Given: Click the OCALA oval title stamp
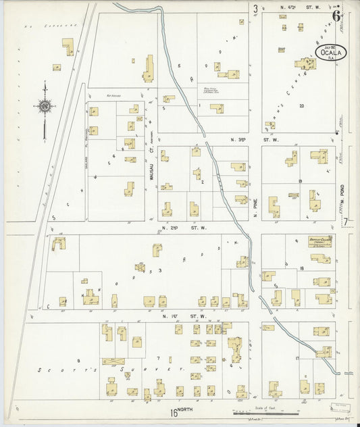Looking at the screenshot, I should [332, 52].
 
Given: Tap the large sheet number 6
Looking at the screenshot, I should [336, 16].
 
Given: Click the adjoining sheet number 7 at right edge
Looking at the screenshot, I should [346, 222].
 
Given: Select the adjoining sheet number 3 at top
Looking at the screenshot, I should [255, 9].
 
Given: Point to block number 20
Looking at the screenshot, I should [301, 106].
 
